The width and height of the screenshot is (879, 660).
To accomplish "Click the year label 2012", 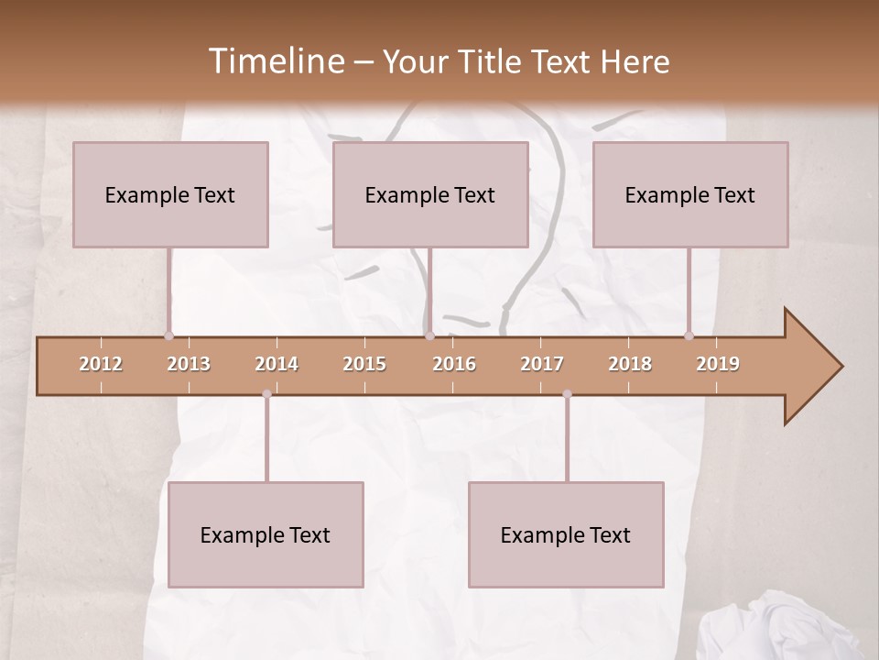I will (x=101, y=364).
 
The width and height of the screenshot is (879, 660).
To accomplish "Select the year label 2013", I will (x=189, y=364).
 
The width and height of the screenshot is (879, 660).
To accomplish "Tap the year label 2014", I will (x=277, y=364).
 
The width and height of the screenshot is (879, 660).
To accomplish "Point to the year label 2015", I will (x=364, y=364).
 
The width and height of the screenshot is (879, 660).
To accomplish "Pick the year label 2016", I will (x=454, y=364).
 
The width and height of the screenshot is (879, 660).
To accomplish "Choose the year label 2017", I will (x=542, y=364).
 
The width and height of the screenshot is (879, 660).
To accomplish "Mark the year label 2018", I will (x=630, y=364).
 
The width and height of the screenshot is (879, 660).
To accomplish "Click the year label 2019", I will (x=718, y=364).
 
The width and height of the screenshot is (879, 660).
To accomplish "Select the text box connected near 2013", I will (x=170, y=194).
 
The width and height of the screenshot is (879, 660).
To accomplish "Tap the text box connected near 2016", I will (x=430, y=194).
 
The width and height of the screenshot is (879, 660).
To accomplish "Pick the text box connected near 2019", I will (x=690, y=194).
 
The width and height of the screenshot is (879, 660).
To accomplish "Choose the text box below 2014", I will (x=266, y=534).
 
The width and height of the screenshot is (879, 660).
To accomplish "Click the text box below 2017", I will (x=566, y=534).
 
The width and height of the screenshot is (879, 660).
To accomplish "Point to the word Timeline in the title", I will (x=274, y=61).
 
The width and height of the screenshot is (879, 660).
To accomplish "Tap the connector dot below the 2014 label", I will (x=266, y=394).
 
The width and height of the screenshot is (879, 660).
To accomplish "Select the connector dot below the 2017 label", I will (x=567, y=394).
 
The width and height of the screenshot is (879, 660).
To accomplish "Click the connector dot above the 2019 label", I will (x=689, y=335).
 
